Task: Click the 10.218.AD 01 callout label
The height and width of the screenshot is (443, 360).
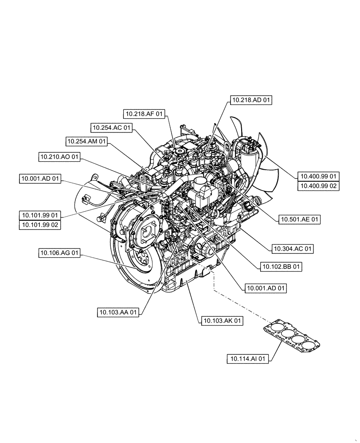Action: coord(251,101)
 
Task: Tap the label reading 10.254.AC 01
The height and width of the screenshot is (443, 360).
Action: coord(112,128)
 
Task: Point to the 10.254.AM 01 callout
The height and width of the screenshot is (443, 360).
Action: coord(87,142)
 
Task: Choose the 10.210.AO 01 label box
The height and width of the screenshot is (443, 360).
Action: coord(59,157)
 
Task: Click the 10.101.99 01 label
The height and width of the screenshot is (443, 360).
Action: coord(40,215)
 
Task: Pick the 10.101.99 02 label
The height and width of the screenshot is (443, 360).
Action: coord(40,225)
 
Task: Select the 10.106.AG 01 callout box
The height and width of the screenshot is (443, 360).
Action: coord(59,253)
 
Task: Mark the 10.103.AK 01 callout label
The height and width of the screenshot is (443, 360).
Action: coord(222,320)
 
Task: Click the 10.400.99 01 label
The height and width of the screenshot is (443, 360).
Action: coord(318,176)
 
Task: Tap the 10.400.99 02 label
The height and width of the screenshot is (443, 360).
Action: coord(318,186)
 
